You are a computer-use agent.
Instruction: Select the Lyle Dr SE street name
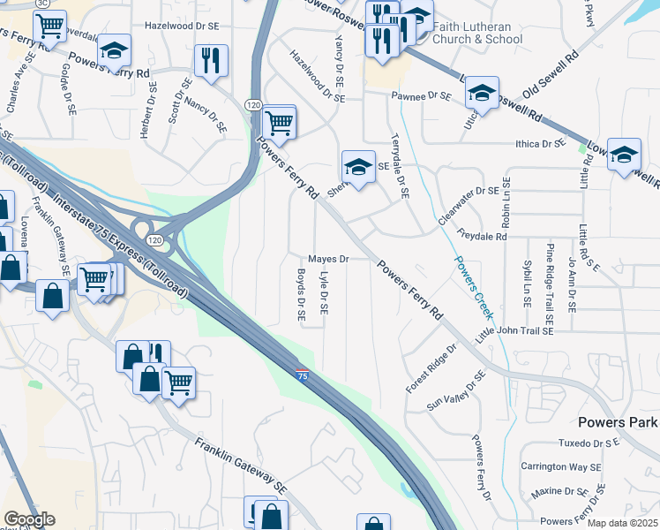tap(323, 294)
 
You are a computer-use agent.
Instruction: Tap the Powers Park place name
tap(618, 422)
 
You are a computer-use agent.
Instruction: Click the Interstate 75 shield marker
tap(303, 375)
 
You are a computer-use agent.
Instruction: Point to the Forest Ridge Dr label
tap(431, 369)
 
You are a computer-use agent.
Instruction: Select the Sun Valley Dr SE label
tap(456, 391)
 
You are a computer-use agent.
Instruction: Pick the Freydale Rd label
tap(483, 236)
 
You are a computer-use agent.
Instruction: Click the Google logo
tap(29, 519)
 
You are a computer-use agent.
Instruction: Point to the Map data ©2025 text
tap(621, 523)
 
